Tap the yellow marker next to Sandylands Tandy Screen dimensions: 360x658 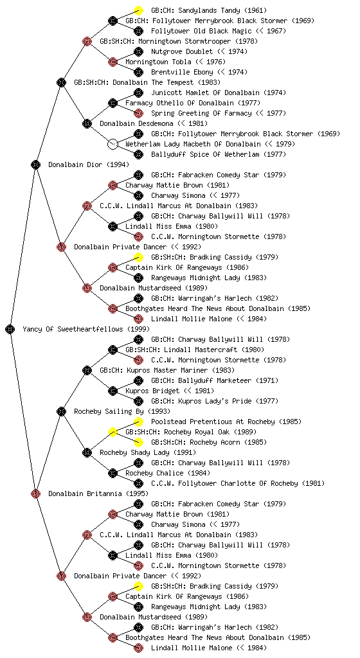point(138,10)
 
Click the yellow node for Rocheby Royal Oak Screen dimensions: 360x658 point(113,432)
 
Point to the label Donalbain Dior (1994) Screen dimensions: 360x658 point(89,164)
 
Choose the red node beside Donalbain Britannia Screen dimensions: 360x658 point(35,493)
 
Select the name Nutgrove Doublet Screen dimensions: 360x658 point(182,51)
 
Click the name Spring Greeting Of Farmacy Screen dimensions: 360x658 point(201,113)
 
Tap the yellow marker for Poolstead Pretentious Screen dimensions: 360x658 point(138,422)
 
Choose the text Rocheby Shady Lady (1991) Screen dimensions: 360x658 point(148,452)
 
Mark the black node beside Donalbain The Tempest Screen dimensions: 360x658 point(61,82)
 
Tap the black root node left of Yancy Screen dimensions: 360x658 point(10,329)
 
